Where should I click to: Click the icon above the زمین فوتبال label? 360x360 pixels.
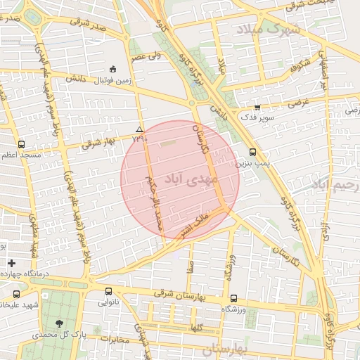point(113,69)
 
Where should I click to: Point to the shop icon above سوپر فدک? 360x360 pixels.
point(257,108)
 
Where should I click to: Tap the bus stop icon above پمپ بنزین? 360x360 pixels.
point(252,152)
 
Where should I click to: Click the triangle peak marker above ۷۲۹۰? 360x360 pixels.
point(139,129)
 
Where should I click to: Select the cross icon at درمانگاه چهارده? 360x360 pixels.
point(11,263)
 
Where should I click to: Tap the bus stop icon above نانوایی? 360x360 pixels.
point(108,291)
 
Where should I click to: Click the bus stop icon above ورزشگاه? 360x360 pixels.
point(233,297)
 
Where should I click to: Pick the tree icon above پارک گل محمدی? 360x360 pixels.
point(59,323)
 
